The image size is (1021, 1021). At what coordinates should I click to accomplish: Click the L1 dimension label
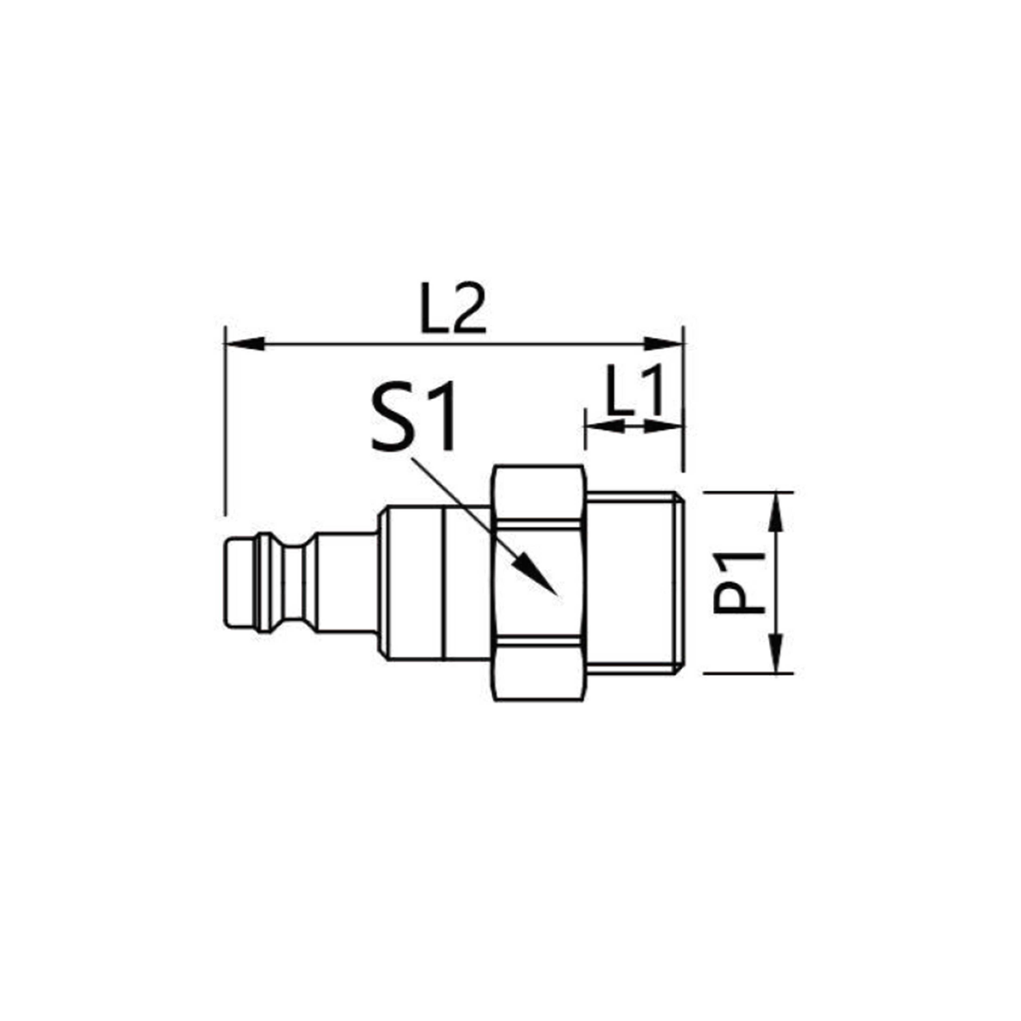click(634, 391)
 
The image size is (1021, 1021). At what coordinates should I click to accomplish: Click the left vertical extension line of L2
click(226, 423)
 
